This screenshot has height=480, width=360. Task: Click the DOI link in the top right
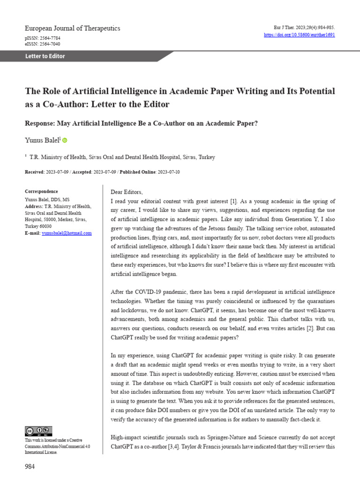[x=300, y=35]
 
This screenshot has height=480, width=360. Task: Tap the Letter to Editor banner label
[x=45, y=56]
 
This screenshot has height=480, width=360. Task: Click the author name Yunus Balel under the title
[x=41, y=140]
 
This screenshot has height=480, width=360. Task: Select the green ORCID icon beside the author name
[x=65, y=140]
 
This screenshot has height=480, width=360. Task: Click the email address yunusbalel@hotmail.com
[x=67, y=233]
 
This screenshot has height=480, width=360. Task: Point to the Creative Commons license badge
[x=38, y=431]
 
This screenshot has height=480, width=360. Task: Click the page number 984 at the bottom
[x=30, y=466]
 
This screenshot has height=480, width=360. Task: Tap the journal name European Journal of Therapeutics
[x=72, y=28]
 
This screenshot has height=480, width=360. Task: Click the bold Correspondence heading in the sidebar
[x=41, y=192]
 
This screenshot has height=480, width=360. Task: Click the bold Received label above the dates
[x=34, y=172]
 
